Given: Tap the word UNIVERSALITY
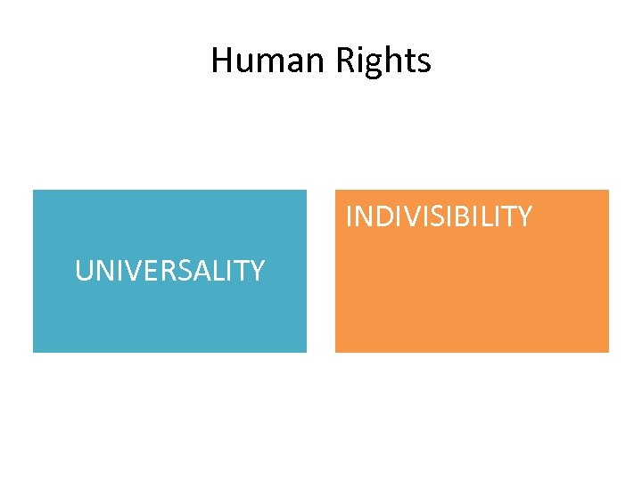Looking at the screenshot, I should click(169, 270).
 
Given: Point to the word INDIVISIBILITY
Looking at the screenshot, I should click(439, 216).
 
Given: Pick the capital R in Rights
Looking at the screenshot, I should click(346, 61).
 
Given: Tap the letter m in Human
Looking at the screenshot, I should click(269, 62).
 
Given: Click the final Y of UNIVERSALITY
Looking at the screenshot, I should click(257, 270).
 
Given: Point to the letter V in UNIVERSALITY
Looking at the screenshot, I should click(125, 270).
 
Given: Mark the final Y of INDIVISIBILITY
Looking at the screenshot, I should click(524, 216).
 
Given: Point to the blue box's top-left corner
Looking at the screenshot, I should click(34, 191).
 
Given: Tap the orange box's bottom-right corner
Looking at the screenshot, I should click(608, 352).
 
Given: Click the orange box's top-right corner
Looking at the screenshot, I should click(608, 191).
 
